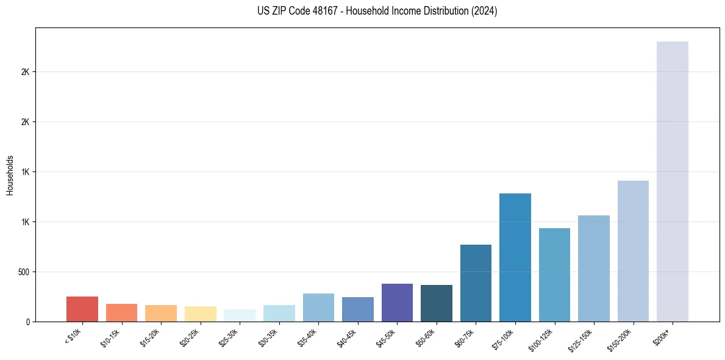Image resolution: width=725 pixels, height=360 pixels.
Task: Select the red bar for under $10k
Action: tap(82, 309)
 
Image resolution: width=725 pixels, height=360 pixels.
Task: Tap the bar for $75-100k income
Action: tap(515, 257)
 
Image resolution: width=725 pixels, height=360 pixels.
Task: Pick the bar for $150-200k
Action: tap(633, 251)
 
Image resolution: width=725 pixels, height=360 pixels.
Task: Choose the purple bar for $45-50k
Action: tap(397, 302)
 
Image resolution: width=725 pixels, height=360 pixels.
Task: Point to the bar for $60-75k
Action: tap(476, 283)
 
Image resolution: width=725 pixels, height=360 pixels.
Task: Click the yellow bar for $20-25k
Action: tap(200, 314)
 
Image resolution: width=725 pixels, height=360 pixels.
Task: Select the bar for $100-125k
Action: tap(554, 275)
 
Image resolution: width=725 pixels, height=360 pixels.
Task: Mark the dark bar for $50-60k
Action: tap(437, 303)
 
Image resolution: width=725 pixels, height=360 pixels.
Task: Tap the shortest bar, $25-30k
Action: tap(240, 315)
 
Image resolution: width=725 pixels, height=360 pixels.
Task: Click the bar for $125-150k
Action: tap(594, 268)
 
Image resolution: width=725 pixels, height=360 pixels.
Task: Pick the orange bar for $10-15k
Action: tap(121, 312)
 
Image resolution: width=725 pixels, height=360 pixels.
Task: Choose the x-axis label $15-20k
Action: tap(150, 337)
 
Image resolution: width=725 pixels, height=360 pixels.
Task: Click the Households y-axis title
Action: tap(10, 175)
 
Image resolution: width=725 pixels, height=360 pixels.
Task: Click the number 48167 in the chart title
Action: tap(323, 11)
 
